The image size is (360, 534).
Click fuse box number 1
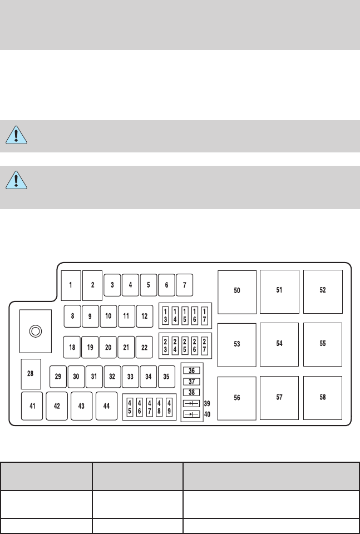[71, 285]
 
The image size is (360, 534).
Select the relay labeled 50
[237, 291]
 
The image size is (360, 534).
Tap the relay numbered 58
[323, 398]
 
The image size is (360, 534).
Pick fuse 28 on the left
[31, 374]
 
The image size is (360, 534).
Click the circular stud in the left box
[35, 331]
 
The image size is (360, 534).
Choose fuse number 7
[184, 285]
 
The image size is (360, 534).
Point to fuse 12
[145, 316]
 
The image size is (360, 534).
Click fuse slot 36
[191, 371]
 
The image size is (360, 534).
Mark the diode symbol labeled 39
[191, 403]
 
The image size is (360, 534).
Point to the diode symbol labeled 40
[191, 414]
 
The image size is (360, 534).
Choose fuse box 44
[106, 406]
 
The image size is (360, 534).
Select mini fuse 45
[130, 407]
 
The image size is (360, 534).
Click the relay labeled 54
[279, 344]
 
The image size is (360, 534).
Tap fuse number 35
[166, 376]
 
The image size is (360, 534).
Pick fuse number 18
[72, 347]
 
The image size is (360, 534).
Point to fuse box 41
[32, 406]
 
